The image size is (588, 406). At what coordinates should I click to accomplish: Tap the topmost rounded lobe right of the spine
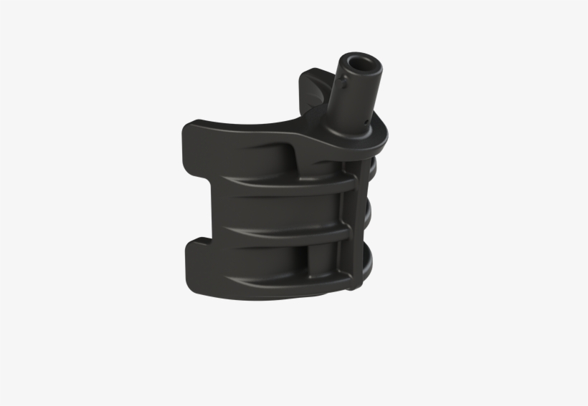(x=371, y=170)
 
